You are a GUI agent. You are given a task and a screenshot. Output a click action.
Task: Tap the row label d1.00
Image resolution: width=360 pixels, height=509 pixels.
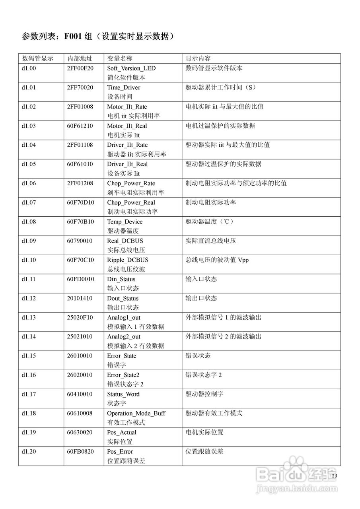click(29, 68)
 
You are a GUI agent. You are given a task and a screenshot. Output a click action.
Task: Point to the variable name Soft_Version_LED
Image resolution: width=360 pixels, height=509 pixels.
click(131, 68)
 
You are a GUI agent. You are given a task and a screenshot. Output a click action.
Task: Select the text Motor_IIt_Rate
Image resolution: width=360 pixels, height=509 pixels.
click(127, 107)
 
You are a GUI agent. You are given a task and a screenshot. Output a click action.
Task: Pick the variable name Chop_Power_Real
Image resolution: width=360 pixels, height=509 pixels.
click(131, 203)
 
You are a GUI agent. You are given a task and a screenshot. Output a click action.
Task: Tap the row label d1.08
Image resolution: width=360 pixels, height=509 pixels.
click(29, 222)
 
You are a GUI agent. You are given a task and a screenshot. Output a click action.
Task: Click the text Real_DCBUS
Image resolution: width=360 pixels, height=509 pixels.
click(125, 241)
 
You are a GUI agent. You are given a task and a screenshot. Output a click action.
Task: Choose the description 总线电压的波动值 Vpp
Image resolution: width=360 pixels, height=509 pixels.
click(217, 260)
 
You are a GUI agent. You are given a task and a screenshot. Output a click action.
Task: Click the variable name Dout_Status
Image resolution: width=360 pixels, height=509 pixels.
click(123, 299)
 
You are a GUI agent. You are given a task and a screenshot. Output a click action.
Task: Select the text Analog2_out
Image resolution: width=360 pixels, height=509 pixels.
click(124, 337)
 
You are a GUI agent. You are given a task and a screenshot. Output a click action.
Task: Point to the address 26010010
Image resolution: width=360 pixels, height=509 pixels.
click(80, 356)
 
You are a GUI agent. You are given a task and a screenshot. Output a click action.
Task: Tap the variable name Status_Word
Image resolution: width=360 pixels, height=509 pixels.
click(123, 394)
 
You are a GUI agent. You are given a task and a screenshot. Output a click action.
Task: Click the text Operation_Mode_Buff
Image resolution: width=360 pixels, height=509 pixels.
click(136, 414)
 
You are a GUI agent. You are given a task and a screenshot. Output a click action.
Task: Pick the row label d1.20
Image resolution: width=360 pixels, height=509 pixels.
click(29, 452)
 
